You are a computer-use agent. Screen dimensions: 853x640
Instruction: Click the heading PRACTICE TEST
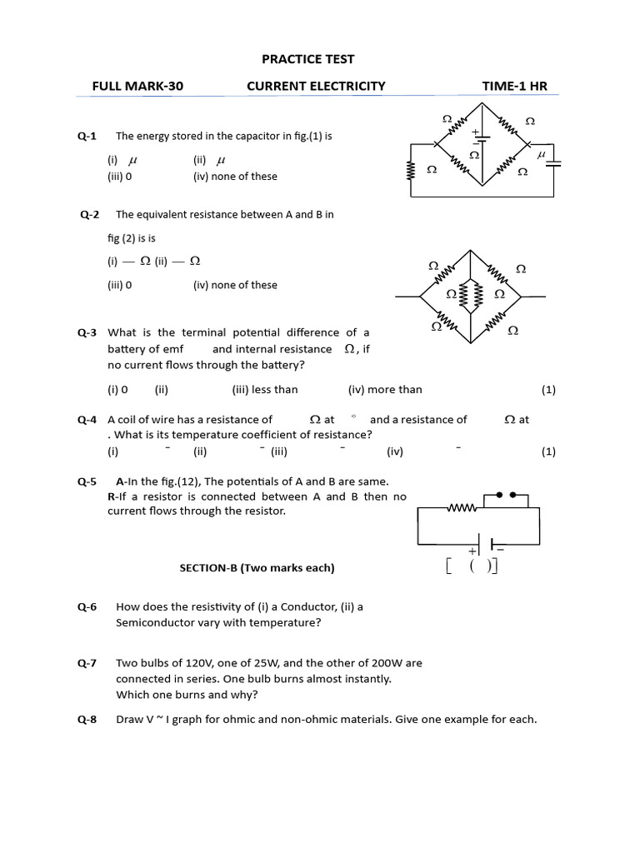point(307,59)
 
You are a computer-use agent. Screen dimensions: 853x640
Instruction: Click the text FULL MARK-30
point(137,86)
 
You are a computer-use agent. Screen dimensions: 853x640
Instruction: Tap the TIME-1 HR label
point(515,86)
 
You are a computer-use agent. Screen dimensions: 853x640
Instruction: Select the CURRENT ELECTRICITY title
point(316,86)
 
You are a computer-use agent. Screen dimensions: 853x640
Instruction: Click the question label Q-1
point(87,136)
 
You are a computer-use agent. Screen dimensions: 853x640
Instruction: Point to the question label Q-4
point(87,420)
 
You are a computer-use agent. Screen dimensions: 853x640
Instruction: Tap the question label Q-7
point(87,663)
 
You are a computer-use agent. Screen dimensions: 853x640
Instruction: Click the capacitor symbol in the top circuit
point(552,162)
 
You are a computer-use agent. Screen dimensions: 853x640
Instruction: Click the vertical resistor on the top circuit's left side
point(410,170)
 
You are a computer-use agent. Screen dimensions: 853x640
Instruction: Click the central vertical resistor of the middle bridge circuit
point(477,294)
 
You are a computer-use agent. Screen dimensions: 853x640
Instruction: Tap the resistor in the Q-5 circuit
point(462,507)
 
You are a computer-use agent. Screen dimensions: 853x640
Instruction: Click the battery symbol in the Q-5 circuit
point(492,545)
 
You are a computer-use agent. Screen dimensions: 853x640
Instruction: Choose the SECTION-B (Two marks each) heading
point(257,568)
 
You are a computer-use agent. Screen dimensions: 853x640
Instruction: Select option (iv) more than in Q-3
point(385,389)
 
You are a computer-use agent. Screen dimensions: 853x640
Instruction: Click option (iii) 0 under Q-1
point(119,177)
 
